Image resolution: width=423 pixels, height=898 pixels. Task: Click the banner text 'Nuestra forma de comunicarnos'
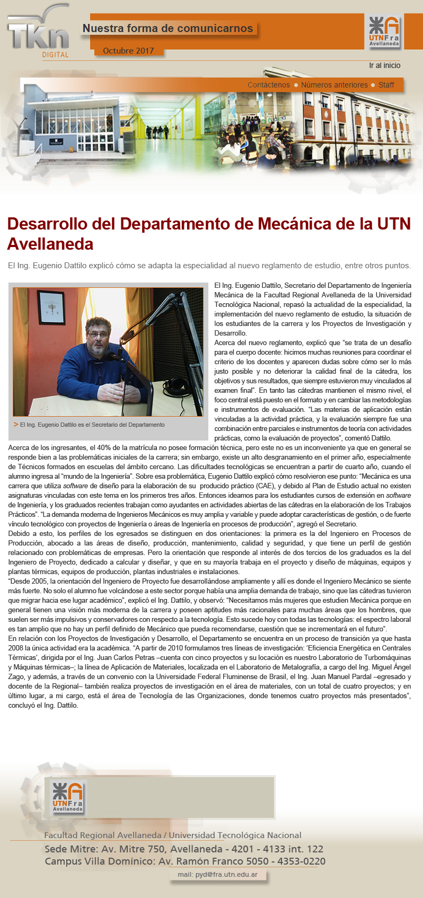tap(168, 29)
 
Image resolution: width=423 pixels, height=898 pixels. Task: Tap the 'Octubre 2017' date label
tap(128, 51)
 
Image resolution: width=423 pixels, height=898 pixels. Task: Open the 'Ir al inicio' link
tap(385, 66)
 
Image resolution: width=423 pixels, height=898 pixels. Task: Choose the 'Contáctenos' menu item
tap(269, 85)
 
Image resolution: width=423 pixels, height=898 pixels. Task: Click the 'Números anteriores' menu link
tap(334, 85)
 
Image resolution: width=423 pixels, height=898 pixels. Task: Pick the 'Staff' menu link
tap(386, 85)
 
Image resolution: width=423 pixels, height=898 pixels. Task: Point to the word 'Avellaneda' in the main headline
tap(50, 244)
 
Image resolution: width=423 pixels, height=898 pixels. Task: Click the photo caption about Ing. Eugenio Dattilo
tap(92, 425)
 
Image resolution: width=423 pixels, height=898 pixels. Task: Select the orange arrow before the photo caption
tap(16, 424)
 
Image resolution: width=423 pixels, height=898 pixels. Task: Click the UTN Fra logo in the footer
tap(67, 797)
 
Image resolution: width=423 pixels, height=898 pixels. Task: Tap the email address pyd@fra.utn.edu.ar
tap(218, 874)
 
